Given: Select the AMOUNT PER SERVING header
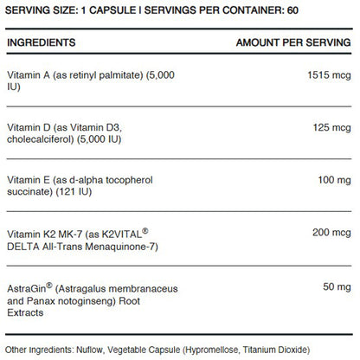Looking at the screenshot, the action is pyautogui.click(x=295, y=42).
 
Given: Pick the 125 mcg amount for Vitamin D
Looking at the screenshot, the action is pyautogui.click(x=333, y=126).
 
